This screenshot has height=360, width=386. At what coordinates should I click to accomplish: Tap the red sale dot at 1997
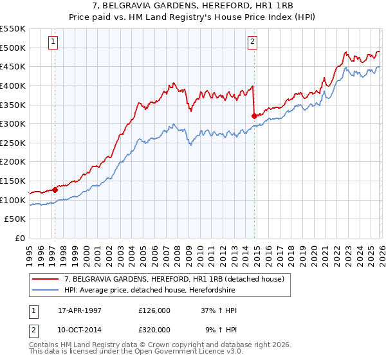55,190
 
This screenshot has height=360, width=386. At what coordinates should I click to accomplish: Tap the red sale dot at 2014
254,116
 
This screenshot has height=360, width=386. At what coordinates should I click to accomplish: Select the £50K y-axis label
16,219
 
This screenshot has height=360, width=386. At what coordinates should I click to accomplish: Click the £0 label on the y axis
21,239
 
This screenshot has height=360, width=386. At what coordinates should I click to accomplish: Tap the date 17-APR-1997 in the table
80,309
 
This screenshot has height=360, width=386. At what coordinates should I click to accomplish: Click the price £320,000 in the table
154,330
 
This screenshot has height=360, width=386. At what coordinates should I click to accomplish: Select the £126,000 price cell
154,309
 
